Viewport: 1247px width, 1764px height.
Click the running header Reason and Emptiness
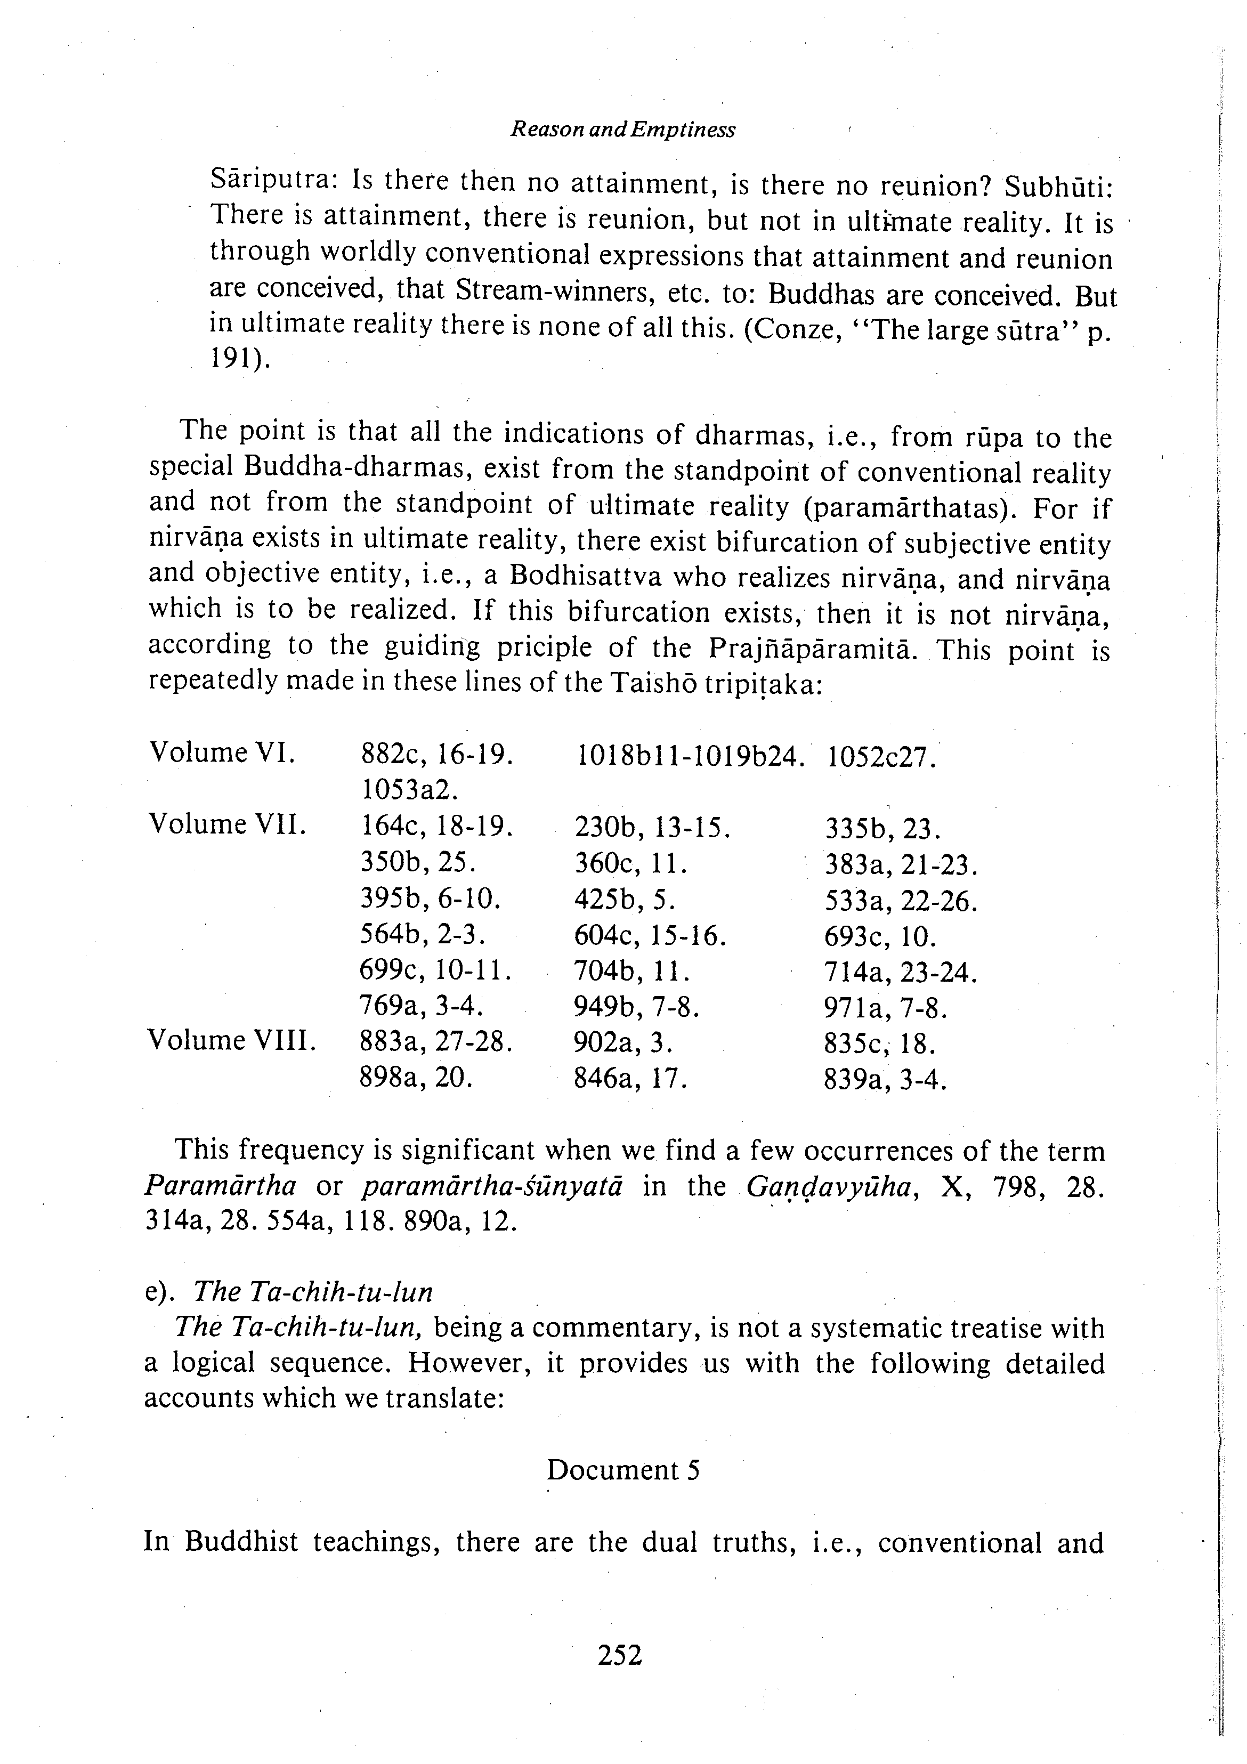pos(622,130)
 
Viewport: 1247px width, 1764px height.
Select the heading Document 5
pos(622,1470)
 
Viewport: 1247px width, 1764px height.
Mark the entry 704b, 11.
pos(631,973)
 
